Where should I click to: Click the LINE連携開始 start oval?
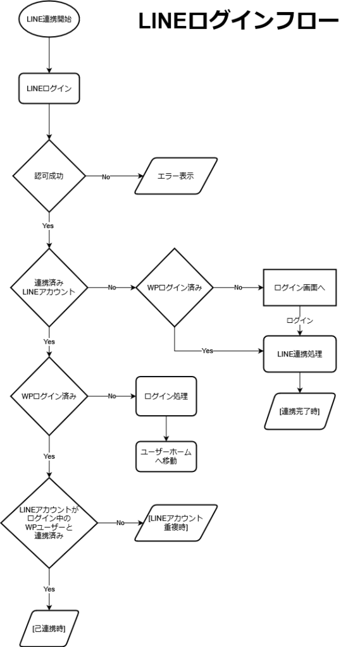coord(49,20)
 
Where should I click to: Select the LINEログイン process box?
coord(49,89)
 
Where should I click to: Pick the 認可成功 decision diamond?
coord(49,176)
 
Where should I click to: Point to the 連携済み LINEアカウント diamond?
coord(49,287)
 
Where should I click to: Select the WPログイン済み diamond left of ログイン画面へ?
coord(175,287)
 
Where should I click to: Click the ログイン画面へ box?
coord(299,287)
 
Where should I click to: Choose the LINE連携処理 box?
coord(299,354)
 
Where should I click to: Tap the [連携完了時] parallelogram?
coord(299,411)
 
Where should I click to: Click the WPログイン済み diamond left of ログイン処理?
coord(49,396)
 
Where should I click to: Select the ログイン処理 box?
coord(166,396)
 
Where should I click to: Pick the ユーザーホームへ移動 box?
coord(166,456)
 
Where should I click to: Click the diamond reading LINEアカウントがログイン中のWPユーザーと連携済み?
coord(49,523)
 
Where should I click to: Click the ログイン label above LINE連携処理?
coord(299,320)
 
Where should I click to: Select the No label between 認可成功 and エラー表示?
coord(106,176)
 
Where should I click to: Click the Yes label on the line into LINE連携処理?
coord(208,350)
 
